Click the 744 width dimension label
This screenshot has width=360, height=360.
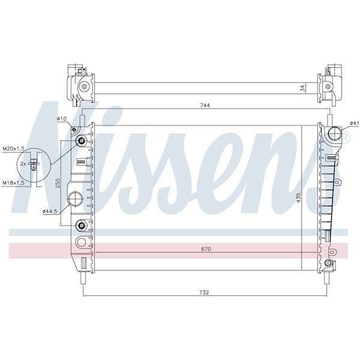click(x=205, y=105)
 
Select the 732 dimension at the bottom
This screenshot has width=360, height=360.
click(x=204, y=292)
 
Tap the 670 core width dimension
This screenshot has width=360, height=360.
click(x=205, y=248)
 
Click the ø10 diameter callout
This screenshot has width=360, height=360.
click(x=61, y=119)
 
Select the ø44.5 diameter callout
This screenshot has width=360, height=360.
click(x=50, y=211)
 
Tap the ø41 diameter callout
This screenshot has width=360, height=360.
click(x=355, y=124)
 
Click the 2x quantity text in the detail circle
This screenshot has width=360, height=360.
click(x=23, y=163)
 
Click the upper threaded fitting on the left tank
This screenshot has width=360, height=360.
click(x=81, y=142)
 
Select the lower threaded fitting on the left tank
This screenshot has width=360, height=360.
click(x=81, y=226)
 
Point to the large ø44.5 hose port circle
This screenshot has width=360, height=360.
click(x=76, y=199)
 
